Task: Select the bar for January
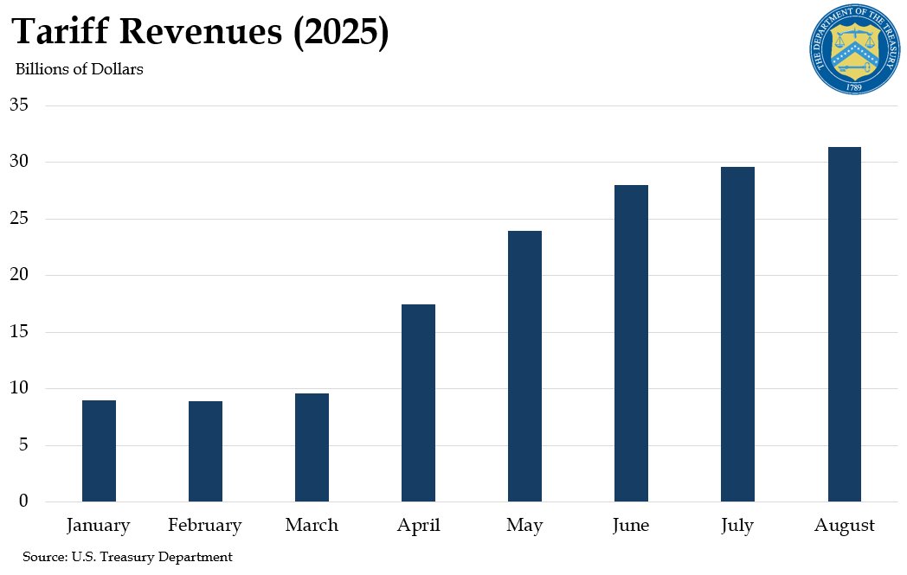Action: [99, 450]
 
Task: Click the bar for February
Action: [205, 451]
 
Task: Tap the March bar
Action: [312, 447]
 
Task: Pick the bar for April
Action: [418, 403]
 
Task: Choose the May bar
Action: [524, 366]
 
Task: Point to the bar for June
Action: [631, 343]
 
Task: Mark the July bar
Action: [737, 334]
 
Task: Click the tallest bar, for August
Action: [844, 324]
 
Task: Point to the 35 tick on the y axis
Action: [19, 105]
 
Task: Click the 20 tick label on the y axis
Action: [19, 276]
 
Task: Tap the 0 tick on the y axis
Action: [24, 502]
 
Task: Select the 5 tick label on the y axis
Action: [24, 445]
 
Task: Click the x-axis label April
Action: [418, 526]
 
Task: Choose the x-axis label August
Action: [844, 526]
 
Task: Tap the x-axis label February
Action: [205, 526]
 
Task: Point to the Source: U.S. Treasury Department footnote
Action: [127, 557]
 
